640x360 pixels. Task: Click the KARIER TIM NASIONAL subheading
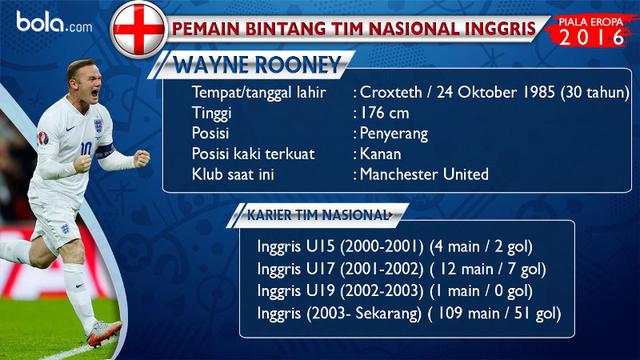pyautogui.click(x=317, y=215)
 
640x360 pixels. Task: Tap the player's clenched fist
pyautogui.click(x=141, y=157)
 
